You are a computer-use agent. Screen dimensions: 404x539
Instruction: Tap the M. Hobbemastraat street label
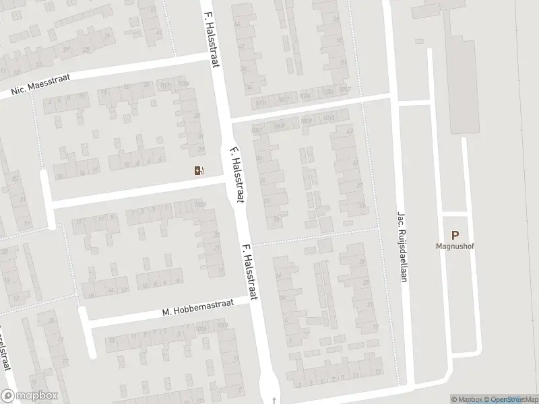pyautogui.click(x=197, y=308)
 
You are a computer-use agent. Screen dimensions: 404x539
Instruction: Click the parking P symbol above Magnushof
pyautogui.click(x=455, y=236)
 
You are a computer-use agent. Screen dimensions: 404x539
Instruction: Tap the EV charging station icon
pyautogui.click(x=198, y=170)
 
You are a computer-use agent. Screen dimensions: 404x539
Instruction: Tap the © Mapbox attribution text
pyautogui.click(x=467, y=399)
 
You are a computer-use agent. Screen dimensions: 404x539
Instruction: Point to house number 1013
pyautogui.click(x=329, y=118)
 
